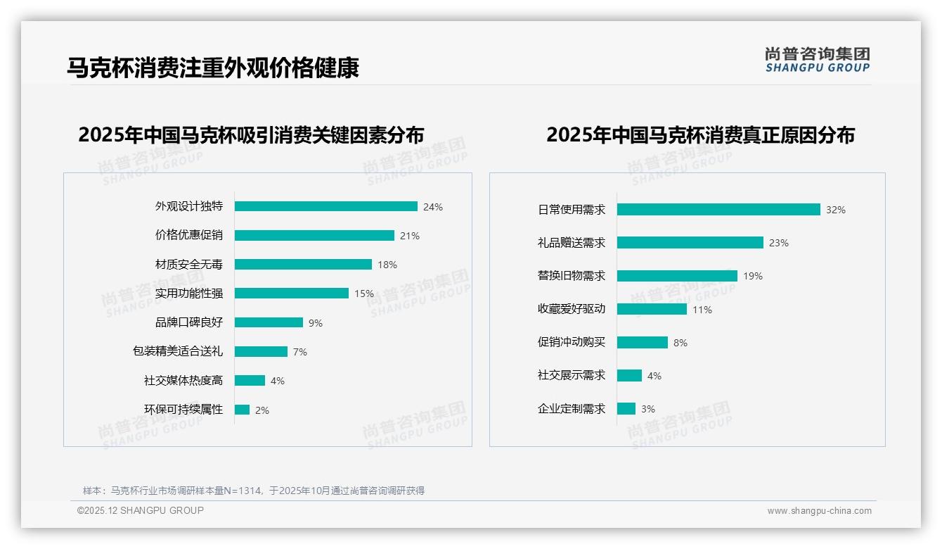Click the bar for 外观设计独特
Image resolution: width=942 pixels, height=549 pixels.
325,206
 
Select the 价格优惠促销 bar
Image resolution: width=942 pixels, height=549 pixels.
314,236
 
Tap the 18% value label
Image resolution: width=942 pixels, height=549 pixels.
387,265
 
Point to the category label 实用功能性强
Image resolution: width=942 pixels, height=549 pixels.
188,294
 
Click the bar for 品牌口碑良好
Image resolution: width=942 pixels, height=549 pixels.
269,322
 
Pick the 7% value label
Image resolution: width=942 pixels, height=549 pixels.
300,352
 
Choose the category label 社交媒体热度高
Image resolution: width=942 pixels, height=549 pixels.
183,381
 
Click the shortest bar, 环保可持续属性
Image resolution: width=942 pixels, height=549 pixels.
242,410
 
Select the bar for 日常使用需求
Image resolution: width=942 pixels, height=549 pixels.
718,210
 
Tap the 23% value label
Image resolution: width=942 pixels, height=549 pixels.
779,243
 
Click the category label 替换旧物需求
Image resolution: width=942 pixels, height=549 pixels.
571,276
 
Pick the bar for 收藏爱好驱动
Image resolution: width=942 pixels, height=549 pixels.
652,309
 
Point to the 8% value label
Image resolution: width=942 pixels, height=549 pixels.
680,343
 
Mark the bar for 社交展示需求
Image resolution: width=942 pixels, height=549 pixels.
629,376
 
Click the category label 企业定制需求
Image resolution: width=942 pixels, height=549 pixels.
571,409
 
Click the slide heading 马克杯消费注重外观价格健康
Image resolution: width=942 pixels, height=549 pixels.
213,68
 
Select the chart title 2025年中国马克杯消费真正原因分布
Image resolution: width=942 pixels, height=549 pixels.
700,135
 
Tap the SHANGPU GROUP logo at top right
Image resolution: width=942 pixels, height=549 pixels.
817,60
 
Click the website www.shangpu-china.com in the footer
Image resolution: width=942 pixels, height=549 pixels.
819,511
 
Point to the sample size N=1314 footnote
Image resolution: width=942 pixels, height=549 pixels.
253,491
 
